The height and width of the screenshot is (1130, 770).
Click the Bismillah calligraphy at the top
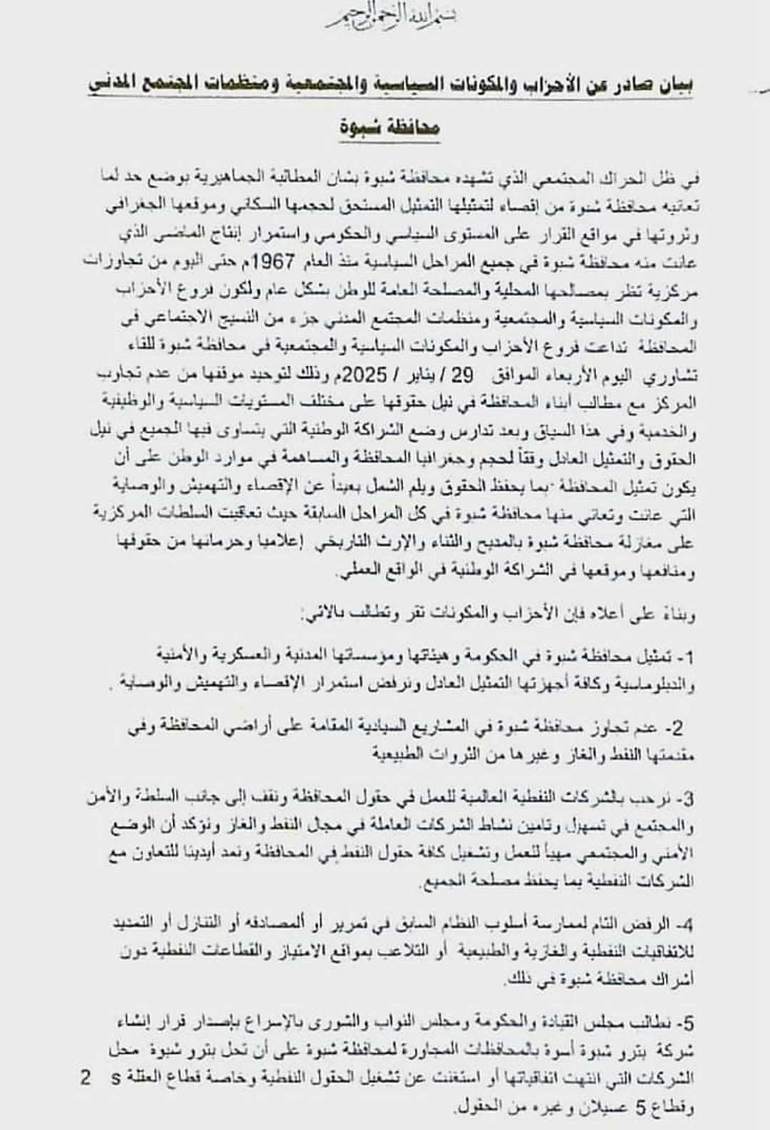pos(391,16)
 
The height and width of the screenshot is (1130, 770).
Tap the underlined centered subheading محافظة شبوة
pos(389,128)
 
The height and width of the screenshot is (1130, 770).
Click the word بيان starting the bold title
pos(674,84)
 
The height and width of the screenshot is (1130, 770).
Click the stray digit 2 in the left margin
pos(86,1077)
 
